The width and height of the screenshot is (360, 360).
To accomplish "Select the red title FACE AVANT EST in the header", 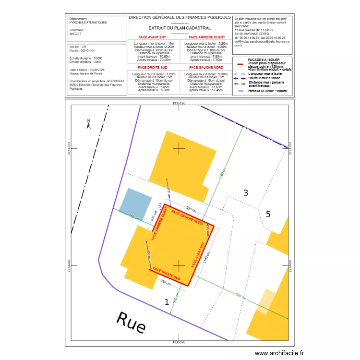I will point(153,37).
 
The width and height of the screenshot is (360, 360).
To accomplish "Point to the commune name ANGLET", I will point(76,34).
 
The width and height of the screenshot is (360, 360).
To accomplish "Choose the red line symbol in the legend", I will point(239,63).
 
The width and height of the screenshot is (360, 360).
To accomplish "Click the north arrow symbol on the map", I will point(88,124).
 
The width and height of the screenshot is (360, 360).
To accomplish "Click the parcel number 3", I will point(246,193).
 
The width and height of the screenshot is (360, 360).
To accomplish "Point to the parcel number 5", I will point(268,214).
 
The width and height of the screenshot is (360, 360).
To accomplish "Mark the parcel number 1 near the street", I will point(167,302).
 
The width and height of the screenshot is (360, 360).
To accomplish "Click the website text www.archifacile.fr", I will point(279,353).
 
